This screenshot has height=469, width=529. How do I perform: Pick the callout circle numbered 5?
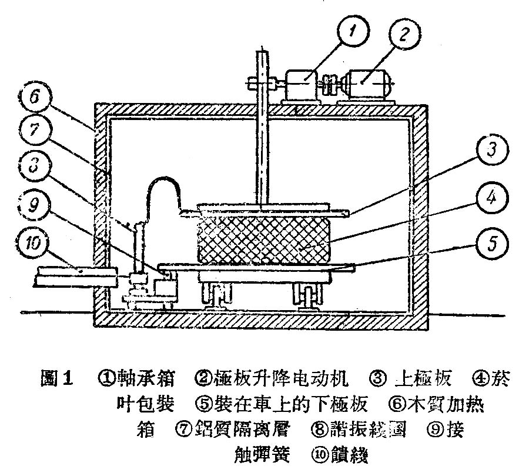pyautogui.click(x=491, y=242)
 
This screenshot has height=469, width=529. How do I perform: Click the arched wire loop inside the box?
pyautogui.click(x=162, y=194)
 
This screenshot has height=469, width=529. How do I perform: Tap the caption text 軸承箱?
pyautogui.click(x=146, y=380)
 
